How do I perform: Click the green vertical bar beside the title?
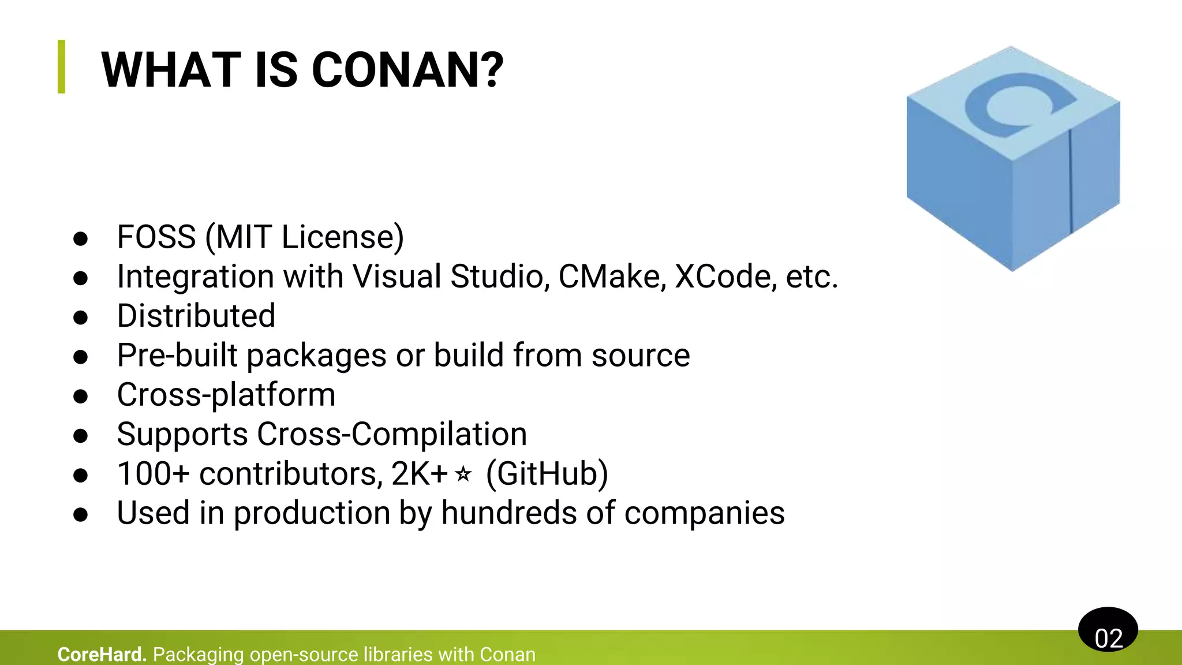(62, 66)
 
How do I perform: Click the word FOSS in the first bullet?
(156, 237)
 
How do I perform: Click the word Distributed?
(196, 316)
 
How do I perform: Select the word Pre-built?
(177, 355)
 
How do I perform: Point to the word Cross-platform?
(226, 395)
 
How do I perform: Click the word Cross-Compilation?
(392, 434)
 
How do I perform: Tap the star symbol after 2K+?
(463, 475)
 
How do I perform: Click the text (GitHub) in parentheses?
(547, 474)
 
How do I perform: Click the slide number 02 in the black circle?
(1108, 638)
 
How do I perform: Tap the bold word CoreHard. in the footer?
(102, 654)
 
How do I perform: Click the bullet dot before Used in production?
(81, 514)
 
